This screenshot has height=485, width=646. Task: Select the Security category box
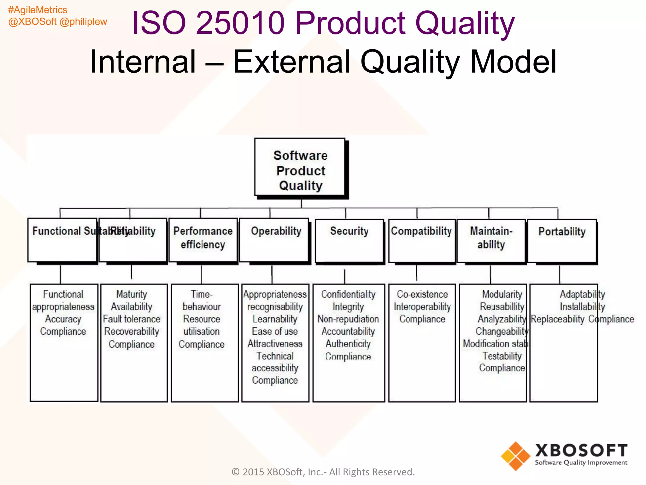pyautogui.click(x=349, y=241)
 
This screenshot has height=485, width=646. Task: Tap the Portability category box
pyautogui.click(x=562, y=241)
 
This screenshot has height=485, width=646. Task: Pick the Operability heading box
pyautogui.click(x=274, y=240)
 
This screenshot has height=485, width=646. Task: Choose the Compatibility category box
pyautogui.click(x=422, y=241)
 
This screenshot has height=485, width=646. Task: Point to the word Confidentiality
pyautogui.click(x=348, y=294)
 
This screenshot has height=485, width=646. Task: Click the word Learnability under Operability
pyautogui.click(x=275, y=319)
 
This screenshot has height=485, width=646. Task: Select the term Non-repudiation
pyautogui.click(x=348, y=319)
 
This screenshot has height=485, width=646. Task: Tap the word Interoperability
pyautogui.click(x=422, y=307)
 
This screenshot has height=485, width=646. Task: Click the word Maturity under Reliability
pyautogui.click(x=132, y=294)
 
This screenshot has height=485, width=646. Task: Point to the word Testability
pyautogui.click(x=502, y=356)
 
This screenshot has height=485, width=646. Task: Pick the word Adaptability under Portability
pyautogui.click(x=582, y=294)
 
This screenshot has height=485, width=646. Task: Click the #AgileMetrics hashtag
pyautogui.click(x=38, y=10)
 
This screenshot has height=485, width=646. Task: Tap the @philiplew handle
pyautogui.click(x=83, y=21)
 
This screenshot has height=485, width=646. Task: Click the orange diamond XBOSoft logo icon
pyautogui.click(x=516, y=456)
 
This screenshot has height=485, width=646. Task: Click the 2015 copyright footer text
pyautogui.click(x=323, y=472)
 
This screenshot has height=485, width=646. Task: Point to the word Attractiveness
pyautogui.click(x=275, y=344)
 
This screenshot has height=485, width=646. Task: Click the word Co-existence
pyautogui.click(x=422, y=294)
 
